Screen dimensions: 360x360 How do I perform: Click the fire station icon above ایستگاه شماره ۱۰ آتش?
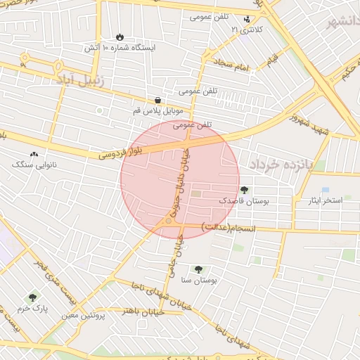[x=120, y=37]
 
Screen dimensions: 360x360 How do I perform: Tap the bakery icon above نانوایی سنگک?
[x=34, y=154]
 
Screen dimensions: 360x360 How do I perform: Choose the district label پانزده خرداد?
[x=278, y=164]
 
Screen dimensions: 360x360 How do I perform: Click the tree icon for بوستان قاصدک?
[x=244, y=190]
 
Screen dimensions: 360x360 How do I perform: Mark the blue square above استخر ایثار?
[x=326, y=190]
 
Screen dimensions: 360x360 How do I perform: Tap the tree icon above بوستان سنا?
[x=198, y=269]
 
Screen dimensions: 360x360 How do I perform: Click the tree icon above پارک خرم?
[x=31, y=298]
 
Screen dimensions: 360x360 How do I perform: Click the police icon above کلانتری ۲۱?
[x=247, y=20]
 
